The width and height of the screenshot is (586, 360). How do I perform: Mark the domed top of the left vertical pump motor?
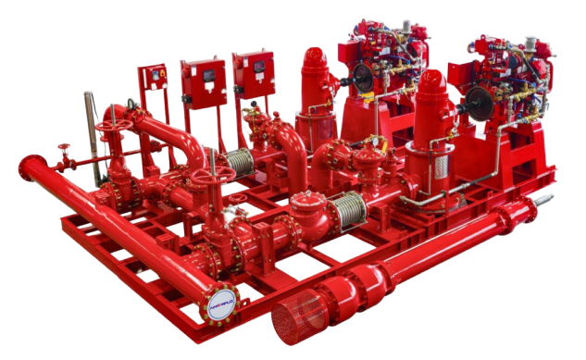pos(313,61)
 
